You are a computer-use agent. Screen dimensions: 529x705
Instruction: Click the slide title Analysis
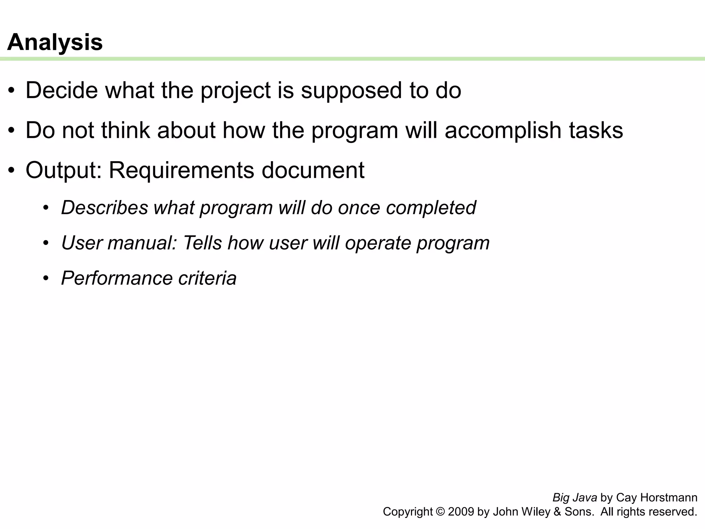55,42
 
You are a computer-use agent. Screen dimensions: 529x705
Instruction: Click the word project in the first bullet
235,91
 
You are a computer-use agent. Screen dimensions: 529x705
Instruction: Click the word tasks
596,131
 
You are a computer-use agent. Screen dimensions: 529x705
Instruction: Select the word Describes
104,208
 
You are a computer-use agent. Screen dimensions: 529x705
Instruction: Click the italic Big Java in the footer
575,498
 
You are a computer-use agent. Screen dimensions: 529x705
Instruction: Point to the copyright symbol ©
440,512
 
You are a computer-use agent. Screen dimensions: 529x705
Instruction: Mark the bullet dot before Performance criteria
46,278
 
